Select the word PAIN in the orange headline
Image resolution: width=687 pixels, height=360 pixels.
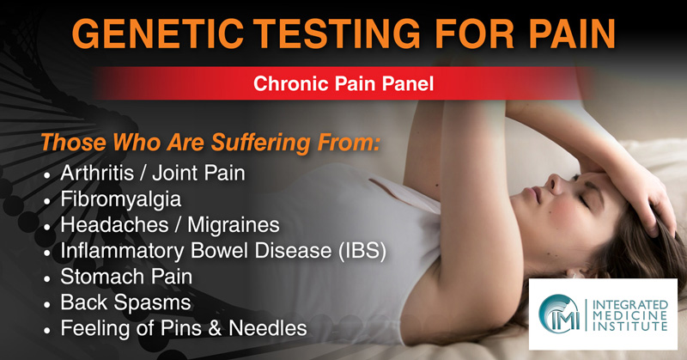pos(572,34)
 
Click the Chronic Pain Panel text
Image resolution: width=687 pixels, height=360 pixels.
pos(343,83)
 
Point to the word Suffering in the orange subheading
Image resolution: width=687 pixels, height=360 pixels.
pos(262,143)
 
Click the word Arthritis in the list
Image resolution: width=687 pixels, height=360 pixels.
pos(97,173)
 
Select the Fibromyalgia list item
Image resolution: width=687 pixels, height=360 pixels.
pos(120,199)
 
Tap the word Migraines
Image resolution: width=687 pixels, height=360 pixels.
pos(234,225)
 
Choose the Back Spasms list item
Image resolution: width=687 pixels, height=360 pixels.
pos(125,302)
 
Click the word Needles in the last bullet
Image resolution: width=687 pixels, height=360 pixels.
pos(268,328)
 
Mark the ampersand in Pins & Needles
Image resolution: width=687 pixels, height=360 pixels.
pos(215,328)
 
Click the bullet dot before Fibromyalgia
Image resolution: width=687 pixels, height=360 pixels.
pos(47,202)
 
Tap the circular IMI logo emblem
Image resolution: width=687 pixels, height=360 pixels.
pos(560,314)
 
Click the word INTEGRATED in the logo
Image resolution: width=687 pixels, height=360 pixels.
pos(629,305)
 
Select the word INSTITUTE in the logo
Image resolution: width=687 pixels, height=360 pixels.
pos(629,326)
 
